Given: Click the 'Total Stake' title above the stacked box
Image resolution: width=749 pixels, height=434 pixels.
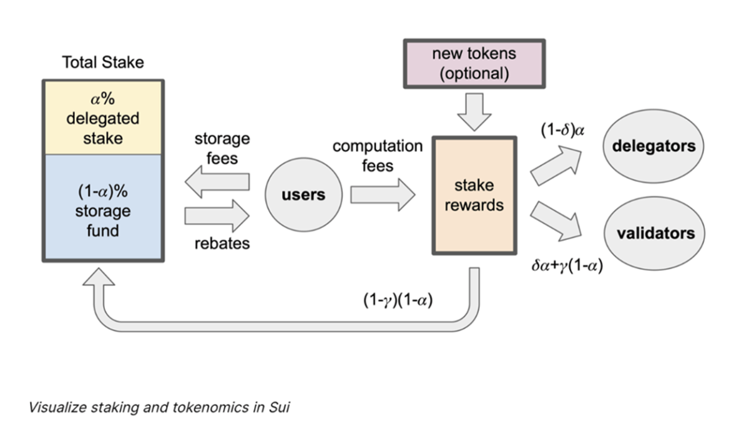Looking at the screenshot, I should coord(103,62).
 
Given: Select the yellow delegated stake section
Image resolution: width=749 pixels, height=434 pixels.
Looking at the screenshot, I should coord(103,118).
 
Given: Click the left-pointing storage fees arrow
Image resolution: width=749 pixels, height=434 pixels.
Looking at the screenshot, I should coord(217,182).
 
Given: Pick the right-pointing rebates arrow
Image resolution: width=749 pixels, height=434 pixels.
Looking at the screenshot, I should coord(217,216).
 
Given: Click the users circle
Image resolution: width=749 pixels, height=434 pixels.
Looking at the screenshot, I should coord(304,195).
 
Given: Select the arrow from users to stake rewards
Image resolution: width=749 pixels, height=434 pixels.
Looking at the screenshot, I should coord(382,195).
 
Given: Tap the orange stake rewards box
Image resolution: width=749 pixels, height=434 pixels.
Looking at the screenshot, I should coord(474,195).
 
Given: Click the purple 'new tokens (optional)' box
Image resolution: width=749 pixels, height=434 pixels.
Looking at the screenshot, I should coord(474,62).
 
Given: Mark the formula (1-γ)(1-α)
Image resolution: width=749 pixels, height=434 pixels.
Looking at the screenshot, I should coord(398,300).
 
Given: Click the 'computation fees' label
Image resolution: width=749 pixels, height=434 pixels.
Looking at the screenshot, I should coord(377,155).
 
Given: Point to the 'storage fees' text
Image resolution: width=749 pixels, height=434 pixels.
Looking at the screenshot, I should coord(222,148).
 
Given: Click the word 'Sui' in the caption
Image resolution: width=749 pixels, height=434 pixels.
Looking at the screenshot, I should coord(279,408).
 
